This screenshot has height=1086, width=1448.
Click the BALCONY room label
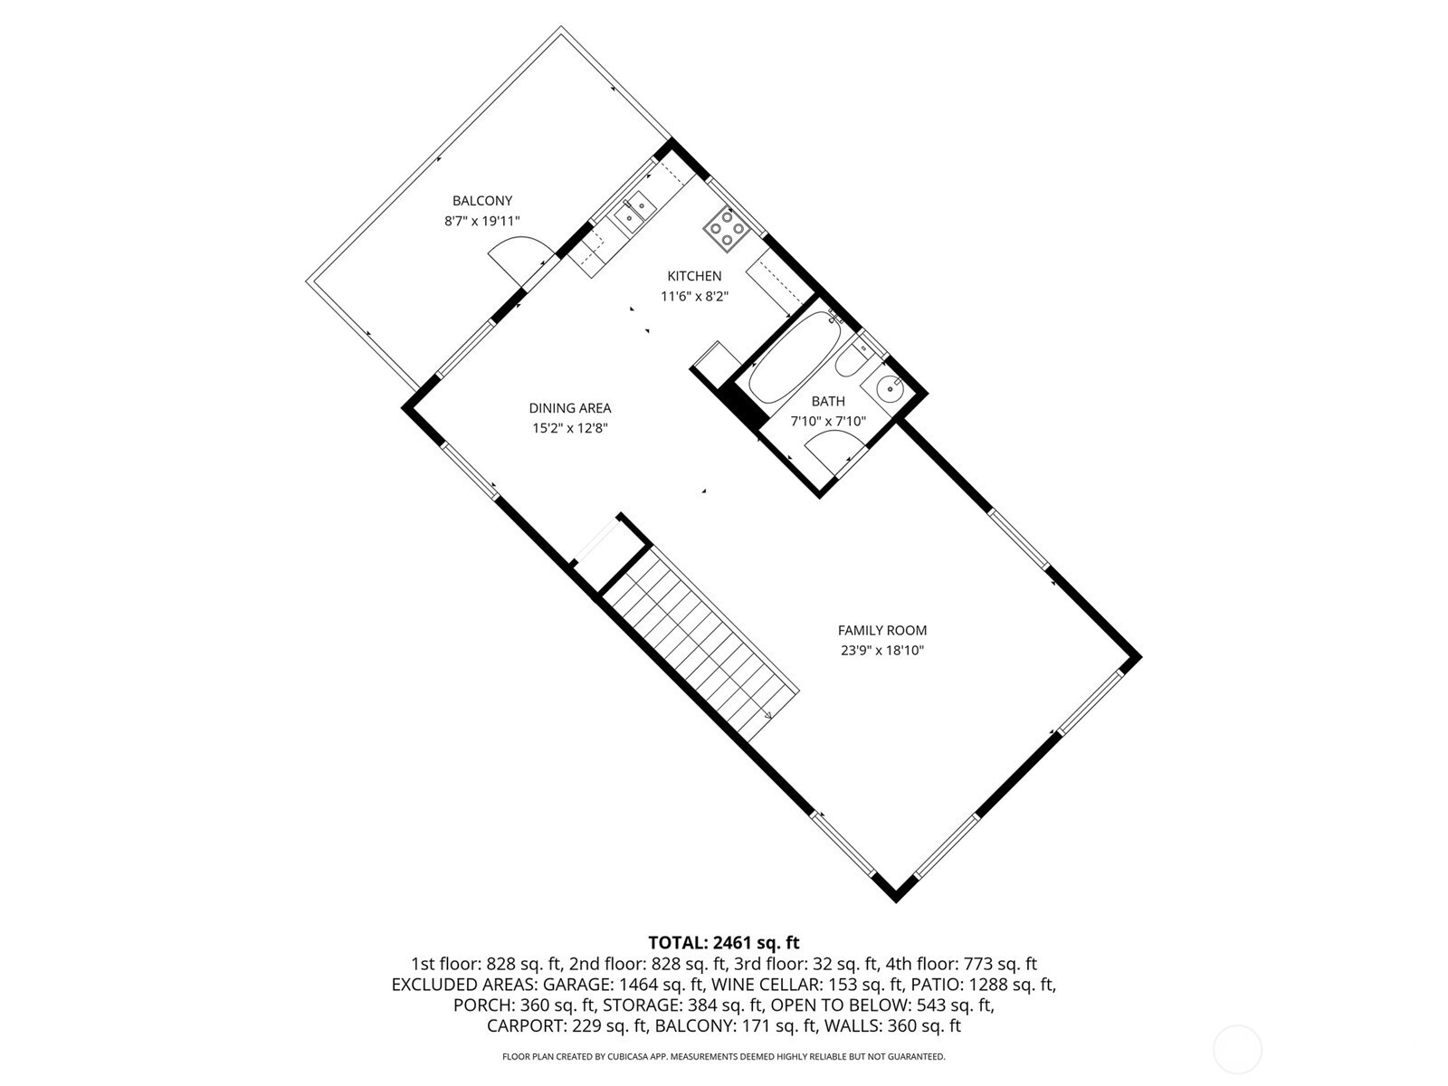482,200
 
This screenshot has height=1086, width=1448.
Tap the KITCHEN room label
694,276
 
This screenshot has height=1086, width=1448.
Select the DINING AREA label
570,408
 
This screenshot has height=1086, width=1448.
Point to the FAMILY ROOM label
882,631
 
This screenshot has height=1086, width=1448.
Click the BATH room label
828,401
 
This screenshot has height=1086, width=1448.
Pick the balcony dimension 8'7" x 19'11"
482,221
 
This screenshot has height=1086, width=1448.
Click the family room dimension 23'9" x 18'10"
882,651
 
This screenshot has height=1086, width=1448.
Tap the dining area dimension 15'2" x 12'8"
570,429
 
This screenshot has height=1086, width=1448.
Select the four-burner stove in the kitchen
727,230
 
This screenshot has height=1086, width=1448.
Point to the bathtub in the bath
795,358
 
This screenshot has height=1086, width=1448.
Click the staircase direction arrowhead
767,715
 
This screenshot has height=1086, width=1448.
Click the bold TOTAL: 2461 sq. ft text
724,942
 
